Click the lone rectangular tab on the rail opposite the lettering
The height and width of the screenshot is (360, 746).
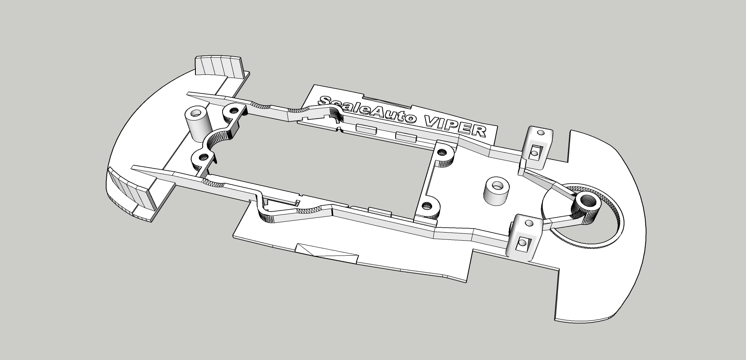coord(380,212)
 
